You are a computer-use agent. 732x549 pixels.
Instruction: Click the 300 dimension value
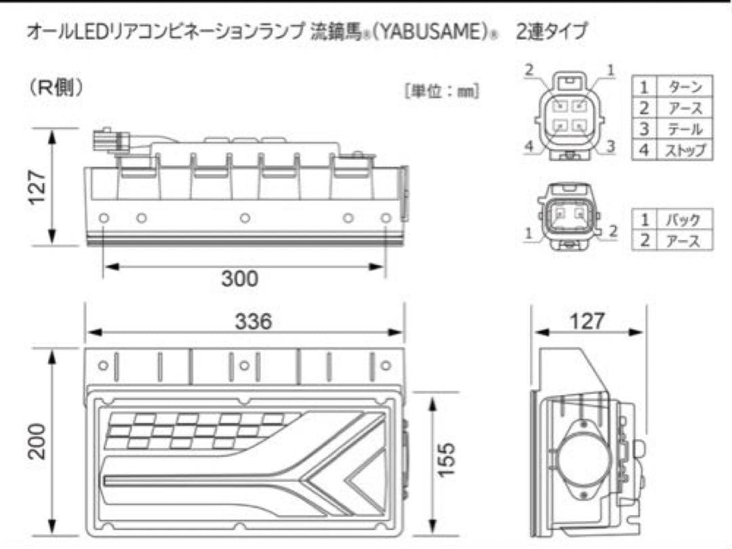click(240, 278)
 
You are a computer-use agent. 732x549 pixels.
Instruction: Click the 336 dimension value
click(253, 321)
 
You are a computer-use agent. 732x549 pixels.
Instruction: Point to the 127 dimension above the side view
click(587, 321)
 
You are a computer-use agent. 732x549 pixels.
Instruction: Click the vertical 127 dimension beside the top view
click(37, 186)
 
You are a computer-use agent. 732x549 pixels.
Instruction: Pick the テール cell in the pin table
click(685, 129)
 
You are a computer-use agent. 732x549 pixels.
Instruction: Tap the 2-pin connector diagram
click(568, 216)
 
